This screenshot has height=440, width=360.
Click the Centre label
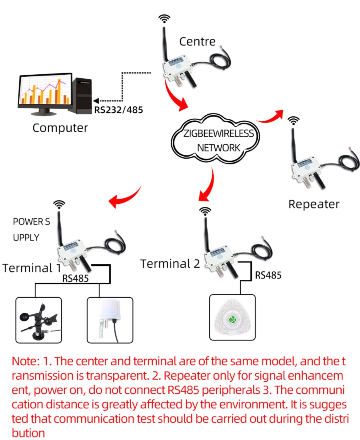coord(197,41)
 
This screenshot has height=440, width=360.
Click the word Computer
coord(60,128)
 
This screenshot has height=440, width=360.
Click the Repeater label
coord(314,204)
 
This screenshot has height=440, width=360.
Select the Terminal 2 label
coord(170,264)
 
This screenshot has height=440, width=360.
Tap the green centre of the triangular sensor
coord(232,319)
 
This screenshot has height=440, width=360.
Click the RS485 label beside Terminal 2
coord(268,275)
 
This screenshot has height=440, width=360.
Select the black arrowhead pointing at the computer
coord(95,101)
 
